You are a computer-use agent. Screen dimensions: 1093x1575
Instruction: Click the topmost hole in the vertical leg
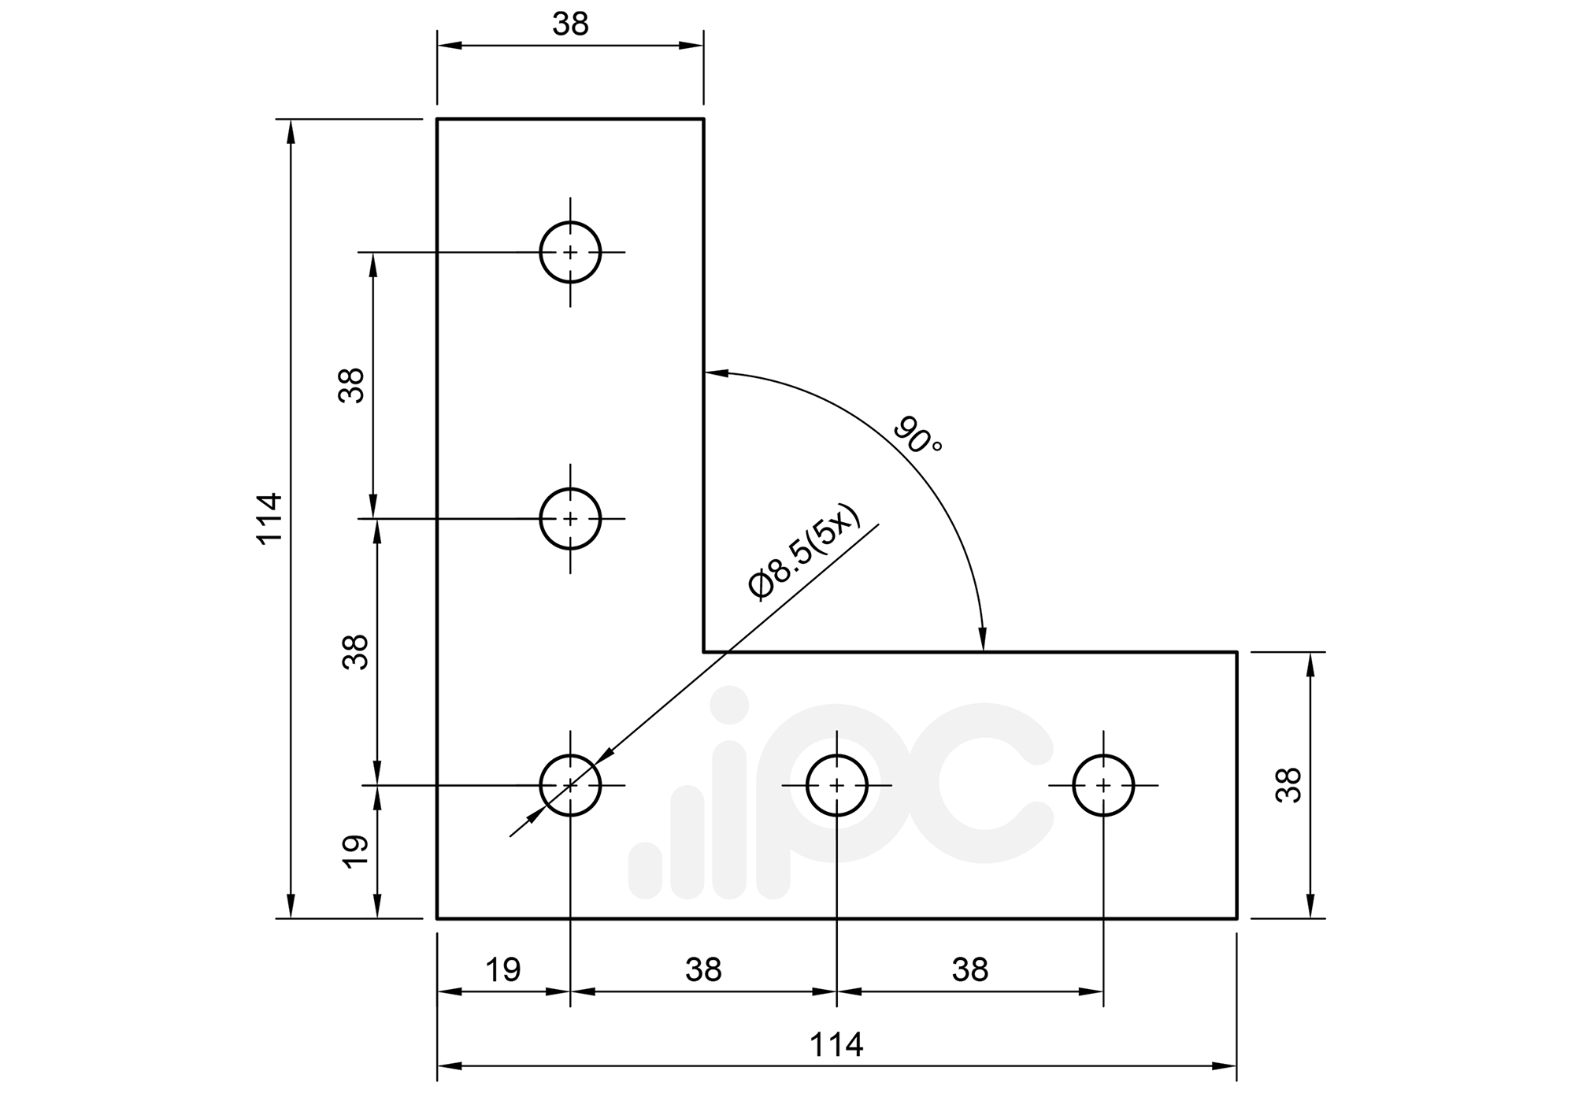[570, 252]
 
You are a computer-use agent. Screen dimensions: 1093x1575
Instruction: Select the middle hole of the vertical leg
[570, 518]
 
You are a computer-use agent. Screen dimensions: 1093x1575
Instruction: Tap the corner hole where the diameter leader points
[570, 785]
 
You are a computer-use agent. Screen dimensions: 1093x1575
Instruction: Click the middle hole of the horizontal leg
[837, 785]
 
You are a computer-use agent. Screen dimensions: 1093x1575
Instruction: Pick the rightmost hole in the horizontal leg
[1103, 785]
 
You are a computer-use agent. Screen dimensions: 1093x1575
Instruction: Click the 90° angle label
[917, 435]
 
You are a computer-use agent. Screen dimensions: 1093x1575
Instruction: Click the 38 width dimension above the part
[570, 25]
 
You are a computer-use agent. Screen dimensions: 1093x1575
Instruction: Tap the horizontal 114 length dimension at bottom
[836, 1045]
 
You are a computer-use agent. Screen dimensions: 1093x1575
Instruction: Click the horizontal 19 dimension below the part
[502, 970]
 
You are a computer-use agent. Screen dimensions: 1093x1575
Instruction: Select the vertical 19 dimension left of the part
[356, 851]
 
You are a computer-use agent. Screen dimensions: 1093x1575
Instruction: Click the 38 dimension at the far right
[1288, 784]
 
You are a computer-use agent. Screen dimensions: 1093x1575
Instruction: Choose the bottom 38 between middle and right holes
[969, 970]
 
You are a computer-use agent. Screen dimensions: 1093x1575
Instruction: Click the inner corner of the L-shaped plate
[704, 652]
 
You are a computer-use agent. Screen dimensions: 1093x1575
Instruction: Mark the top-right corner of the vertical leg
[703, 119]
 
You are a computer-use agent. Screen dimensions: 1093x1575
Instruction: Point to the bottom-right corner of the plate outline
[1236, 918]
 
